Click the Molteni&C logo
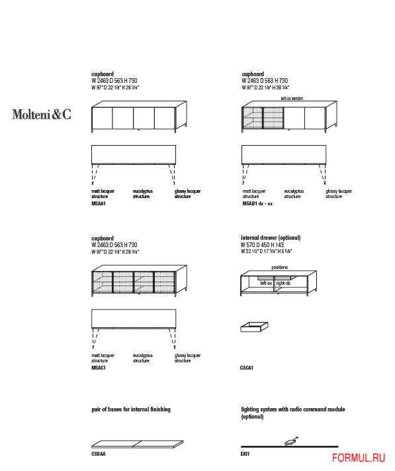(x=41, y=114)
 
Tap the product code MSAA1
(x=99, y=204)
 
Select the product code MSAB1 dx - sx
(x=257, y=204)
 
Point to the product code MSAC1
(x=99, y=366)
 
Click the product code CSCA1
(x=247, y=367)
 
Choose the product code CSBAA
(x=99, y=455)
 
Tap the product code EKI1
(x=245, y=455)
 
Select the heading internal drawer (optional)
(x=271, y=238)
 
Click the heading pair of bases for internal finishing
(x=130, y=409)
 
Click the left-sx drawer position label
(x=266, y=283)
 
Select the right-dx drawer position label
(x=283, y=283)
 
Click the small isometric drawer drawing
(x=255, y=327)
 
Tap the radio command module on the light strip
(x=290, y=441)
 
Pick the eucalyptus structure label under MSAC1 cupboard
(x=142, y=358)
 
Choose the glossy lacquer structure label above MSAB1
(x=339, y=193)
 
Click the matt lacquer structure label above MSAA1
(x=103, y=193)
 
